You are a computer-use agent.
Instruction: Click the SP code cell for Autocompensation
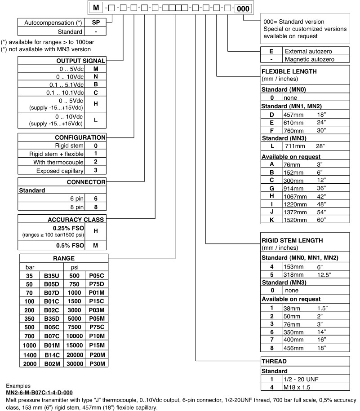(x=95, y=22)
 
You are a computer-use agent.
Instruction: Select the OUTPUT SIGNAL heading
(x=81, y=61)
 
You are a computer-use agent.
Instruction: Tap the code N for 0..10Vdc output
(x=95, y=77)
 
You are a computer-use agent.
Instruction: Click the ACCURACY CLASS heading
(x=76, y=220)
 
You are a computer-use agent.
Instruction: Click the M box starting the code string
(x=95, y=9)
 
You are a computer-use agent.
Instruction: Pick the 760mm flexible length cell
(x=293, y=131)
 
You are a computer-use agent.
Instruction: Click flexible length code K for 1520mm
(x=271, y=220)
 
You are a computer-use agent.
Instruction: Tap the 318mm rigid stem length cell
(x=293, y=274)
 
